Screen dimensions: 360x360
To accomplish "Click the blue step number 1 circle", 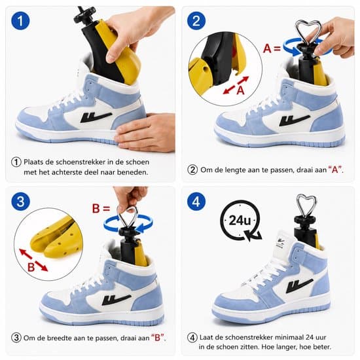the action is point(20,21).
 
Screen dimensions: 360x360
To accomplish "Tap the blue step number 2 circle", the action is point(196,21).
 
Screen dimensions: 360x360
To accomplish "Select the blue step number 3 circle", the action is point(20,202).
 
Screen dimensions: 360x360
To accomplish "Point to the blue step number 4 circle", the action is point(196,202).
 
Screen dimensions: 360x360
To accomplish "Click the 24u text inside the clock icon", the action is point(240,221).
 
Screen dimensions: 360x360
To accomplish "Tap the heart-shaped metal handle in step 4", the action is point(306,206).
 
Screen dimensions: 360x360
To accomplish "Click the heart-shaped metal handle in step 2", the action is point(308,32).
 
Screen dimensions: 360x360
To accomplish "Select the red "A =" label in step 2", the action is point(272,48).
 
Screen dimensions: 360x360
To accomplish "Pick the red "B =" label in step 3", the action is point(101,208).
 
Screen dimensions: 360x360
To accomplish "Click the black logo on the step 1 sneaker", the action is point(96,117).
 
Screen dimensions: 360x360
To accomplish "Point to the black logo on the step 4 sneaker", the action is point(299,285).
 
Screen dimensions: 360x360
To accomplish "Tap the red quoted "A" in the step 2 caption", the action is point(335,170).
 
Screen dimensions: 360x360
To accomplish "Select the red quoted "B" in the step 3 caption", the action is point(158,338).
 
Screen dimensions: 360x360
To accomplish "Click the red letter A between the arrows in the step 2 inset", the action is point(240,90).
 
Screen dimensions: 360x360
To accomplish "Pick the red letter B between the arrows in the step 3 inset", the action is point(31,267).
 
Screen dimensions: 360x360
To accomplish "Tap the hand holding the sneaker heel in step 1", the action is point(145,133).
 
